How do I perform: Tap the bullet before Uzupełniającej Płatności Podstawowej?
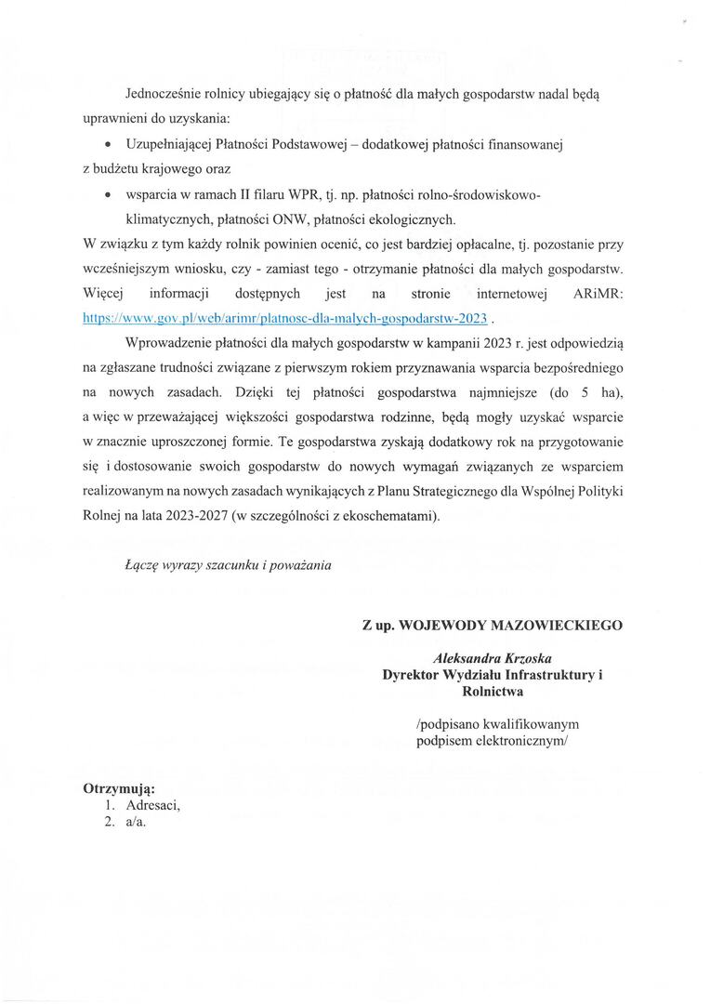110,146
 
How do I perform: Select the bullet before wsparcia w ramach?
110,197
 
